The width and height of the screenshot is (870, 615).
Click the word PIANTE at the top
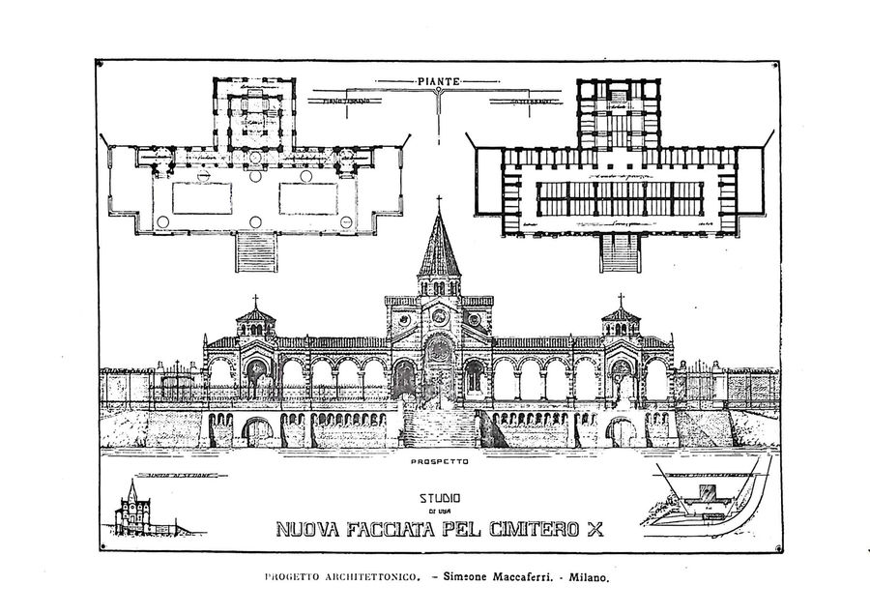(439, 82)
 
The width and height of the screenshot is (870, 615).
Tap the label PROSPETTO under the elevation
(439, 461)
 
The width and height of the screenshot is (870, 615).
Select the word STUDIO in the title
(439, 499)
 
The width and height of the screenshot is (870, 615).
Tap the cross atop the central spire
(439, 202)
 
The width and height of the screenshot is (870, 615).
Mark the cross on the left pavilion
(256, 301)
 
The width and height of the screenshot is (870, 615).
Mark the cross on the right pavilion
(620, 301)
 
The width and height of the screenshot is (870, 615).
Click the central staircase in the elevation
(440, 425)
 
